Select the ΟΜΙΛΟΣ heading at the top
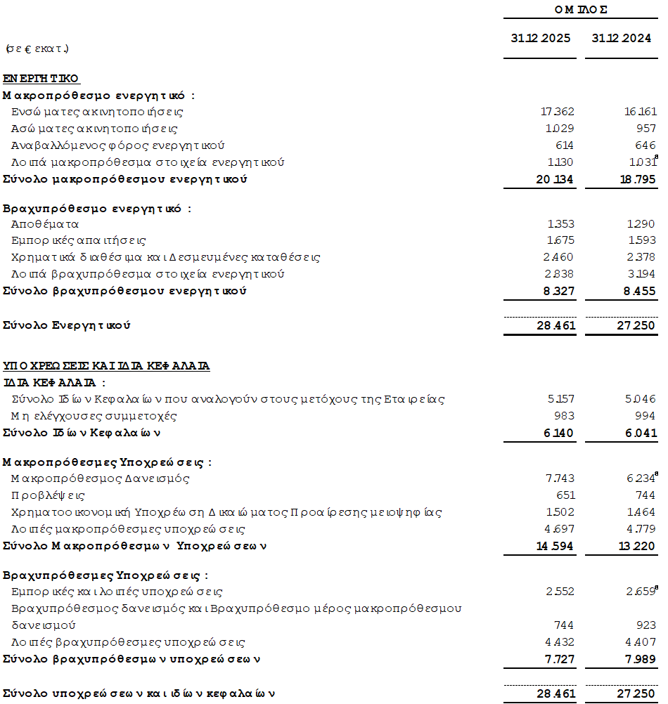[581, 9]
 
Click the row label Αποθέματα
[45, 224]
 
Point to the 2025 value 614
[564, 145]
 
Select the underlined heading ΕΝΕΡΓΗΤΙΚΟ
[41, 79]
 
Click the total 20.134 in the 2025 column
[555, 179]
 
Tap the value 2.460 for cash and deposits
[560, 257]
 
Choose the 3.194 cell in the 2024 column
[641, 274]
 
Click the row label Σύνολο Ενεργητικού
[67, 325]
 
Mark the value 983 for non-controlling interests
[564, 416]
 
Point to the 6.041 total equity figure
[639, 433]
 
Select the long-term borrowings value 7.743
[560, 478]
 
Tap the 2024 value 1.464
[641, 512]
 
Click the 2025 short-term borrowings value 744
[564, 625]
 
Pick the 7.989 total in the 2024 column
[639, 659]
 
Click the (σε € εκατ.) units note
[37, 49]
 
